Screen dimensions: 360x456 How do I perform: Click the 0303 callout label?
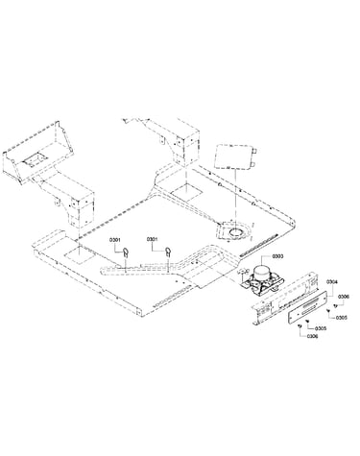pos(277,256)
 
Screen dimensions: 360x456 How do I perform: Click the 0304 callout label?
pos(331,282)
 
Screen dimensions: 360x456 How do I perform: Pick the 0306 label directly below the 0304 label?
pos(344,297)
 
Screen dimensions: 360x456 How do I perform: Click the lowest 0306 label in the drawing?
pos(312,336)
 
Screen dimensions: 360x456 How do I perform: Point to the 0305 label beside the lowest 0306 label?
pos(321,328)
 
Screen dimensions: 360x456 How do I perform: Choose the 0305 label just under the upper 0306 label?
pos(342,318)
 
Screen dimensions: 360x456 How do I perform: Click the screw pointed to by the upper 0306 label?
pos(335,305)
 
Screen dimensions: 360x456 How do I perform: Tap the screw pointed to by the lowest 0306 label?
pos(300,325)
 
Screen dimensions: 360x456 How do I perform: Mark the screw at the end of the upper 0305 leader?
pos(328,310)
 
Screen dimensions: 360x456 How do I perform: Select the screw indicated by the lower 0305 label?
pos(307,322)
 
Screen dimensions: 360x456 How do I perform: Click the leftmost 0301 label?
pos(115,239)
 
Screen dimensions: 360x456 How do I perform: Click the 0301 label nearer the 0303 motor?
pos(153,239)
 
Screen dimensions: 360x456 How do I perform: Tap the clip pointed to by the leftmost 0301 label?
pos(125,252)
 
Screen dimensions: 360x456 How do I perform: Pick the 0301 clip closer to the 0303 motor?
pos(168,252)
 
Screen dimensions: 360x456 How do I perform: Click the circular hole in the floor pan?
pos(237,231)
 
